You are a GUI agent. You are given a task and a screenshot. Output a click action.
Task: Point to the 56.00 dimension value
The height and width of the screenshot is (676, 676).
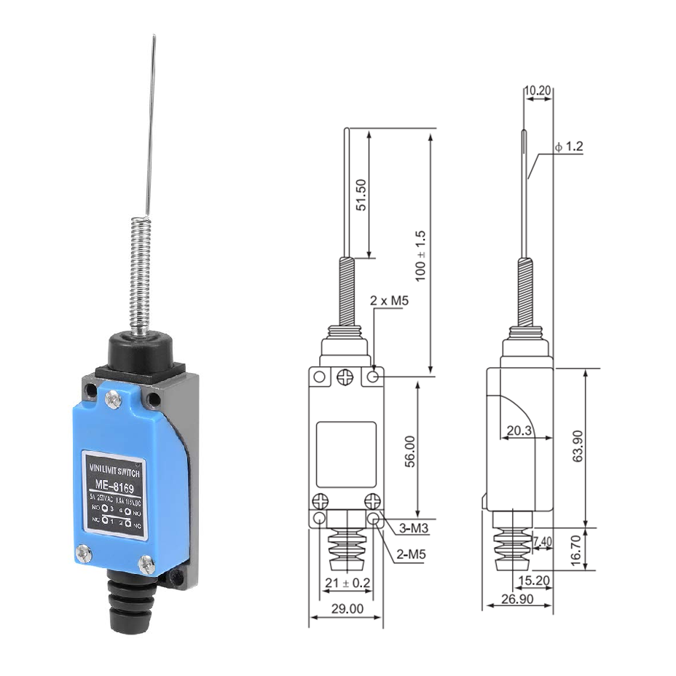[409, 451]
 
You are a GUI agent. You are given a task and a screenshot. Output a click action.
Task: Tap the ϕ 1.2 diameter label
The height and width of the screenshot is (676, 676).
[568, 146]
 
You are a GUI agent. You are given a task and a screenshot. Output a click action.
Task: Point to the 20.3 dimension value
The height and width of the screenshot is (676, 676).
[519, 431]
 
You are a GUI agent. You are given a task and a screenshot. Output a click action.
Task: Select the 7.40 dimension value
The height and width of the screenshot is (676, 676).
[543, 541]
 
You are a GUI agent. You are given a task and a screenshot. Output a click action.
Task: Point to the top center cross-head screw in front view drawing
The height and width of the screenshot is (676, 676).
[345, 377]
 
